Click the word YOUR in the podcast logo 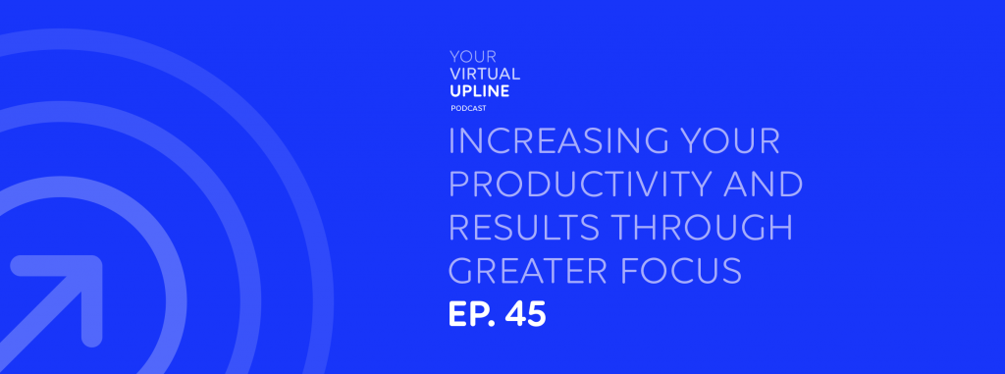(x=473, y=57)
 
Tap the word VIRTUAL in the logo (x=485, y=74)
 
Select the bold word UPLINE (x=480, y=91)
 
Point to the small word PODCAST (x=468, y=108)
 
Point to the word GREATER (x=527, y=271)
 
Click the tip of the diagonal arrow (x=96, y=262)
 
